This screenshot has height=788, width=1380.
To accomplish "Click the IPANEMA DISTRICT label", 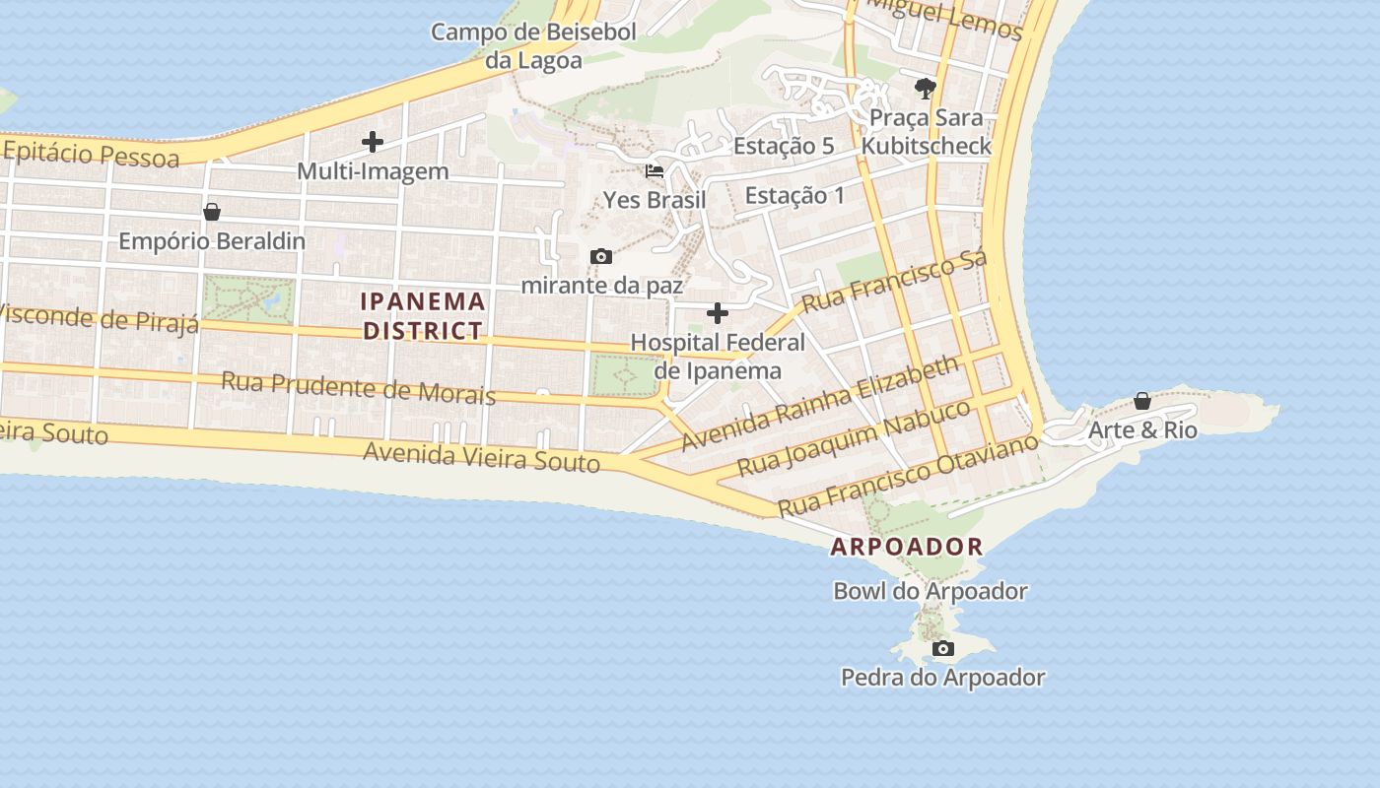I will pos(423,316).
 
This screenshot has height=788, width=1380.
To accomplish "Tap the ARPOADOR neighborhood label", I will pos(907,547).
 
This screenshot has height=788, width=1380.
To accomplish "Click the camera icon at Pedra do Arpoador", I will pos(943,648).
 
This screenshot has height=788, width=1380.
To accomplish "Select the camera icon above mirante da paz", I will pos(600,257).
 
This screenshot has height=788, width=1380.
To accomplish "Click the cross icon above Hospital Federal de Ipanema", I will pos(718,314).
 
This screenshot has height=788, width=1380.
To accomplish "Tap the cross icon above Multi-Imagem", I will pos(373,142).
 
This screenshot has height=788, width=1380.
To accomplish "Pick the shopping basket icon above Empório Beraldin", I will pos(211,212).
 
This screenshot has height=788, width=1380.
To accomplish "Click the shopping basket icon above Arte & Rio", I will pos(1141,401).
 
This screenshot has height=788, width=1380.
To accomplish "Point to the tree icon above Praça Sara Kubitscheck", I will pos(925,89).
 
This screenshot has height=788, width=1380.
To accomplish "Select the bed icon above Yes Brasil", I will pos(654,171).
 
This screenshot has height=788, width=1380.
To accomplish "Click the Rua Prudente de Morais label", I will pos(358,387).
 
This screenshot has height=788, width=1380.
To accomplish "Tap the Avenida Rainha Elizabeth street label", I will pos(819,404).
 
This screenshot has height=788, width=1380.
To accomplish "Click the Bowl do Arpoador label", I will pos(931,591).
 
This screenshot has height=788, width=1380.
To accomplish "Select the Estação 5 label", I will pos(784,146).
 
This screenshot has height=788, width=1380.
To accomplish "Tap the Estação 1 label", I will pos(794,195).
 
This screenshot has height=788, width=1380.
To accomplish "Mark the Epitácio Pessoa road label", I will pos(91,155).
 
